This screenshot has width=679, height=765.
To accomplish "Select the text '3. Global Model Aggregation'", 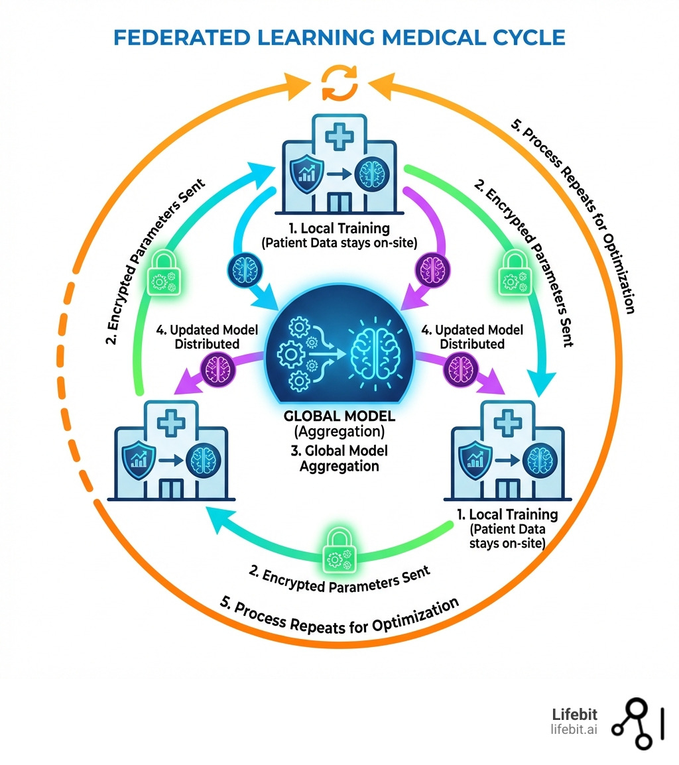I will (x=339, y=458).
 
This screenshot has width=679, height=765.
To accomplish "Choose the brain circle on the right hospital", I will (x=538, y=459).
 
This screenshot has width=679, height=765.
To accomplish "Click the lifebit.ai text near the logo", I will (x=574, y=729).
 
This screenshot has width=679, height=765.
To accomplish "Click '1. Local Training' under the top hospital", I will (x=339, y=229).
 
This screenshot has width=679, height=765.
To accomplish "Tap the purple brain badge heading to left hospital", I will (x=219, y=366).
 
